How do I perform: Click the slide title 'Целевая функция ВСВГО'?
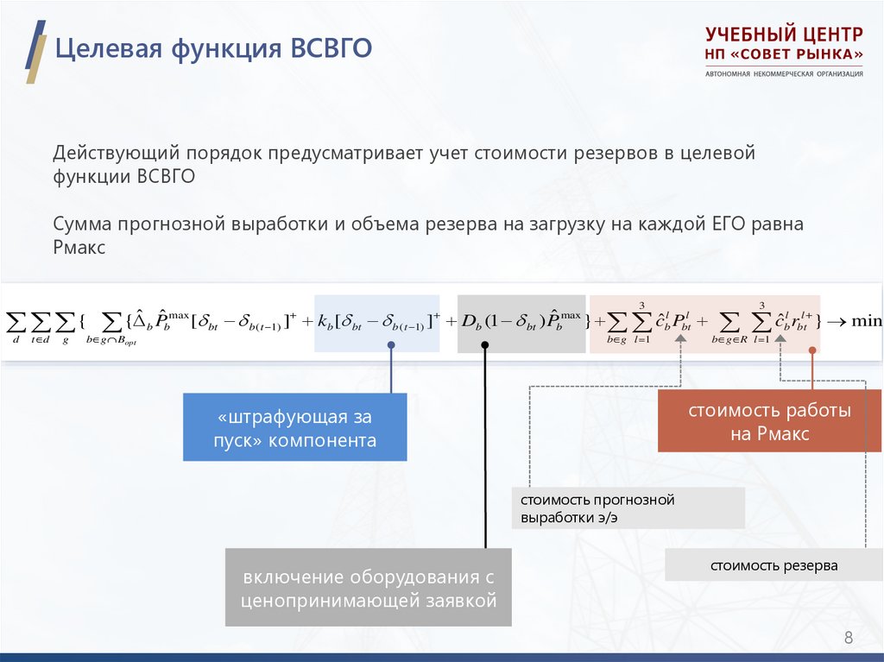tap(213, 47)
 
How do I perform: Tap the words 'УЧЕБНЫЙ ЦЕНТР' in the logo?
tap(783, 35)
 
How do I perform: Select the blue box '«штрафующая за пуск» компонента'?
tap(294, 428)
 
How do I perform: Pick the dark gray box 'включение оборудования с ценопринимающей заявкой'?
tap(369, 588)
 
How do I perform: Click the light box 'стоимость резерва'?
tap(773, 566)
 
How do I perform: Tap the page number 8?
tap(848, 639)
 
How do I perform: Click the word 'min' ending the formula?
tap(866, 321)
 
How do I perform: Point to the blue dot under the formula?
tap(391, 345)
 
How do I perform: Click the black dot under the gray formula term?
tap(485, 345)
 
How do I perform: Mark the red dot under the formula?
tap(812, 350)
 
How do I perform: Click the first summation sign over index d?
tap(16, 323)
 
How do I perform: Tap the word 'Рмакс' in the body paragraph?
tap(79, 248)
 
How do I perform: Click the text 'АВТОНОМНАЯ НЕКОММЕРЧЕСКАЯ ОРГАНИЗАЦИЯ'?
tap(783, 73)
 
